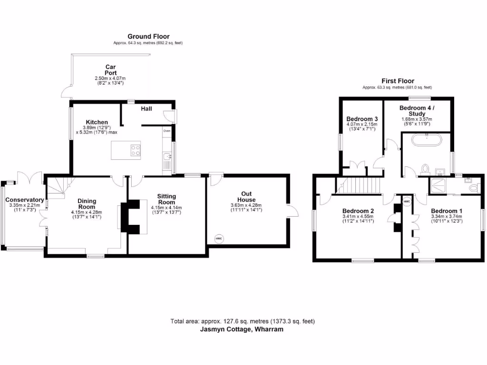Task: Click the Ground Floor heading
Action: (148, 36)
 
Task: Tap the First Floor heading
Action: (398, 81)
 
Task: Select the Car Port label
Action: (110, 70)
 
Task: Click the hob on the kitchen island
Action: (135, 150)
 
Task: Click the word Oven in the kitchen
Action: (167, 130)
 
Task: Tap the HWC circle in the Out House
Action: (219, 239)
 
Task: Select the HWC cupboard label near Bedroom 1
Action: (407, 202)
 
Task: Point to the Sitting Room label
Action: (166, 199)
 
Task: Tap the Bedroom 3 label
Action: (362, 119)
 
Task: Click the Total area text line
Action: (243, 321)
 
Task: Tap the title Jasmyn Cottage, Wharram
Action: (243, 329)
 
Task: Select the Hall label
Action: (146, 109)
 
